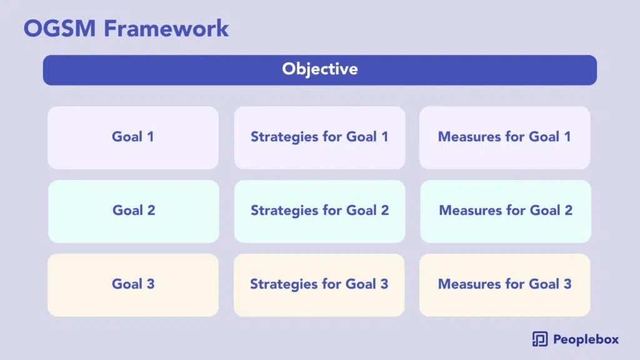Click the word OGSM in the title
[x=59, y=29]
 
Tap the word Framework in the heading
[x=166, y=29]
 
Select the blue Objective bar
[x=320, y=70]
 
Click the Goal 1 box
[x=133, y=138]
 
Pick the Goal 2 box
[x=134, y=211]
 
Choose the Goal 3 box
[x=133, y=285]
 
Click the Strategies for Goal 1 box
[x=319, y=138]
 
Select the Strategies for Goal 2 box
[x=319, y=211]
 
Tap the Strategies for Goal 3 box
[x=319, y=285]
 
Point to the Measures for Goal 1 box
[x=505, y=138]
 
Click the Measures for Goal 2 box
[x=506, y=211]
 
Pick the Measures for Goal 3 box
[x=505, y=285]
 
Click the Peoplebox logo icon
[x=540, y=339]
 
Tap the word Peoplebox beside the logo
[x=586, y=339]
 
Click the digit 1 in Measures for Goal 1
[x=567, y=137]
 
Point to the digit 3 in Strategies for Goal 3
[x=384, y=284]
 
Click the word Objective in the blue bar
[x=320, y=69]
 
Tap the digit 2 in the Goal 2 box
[x=151, y=210]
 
